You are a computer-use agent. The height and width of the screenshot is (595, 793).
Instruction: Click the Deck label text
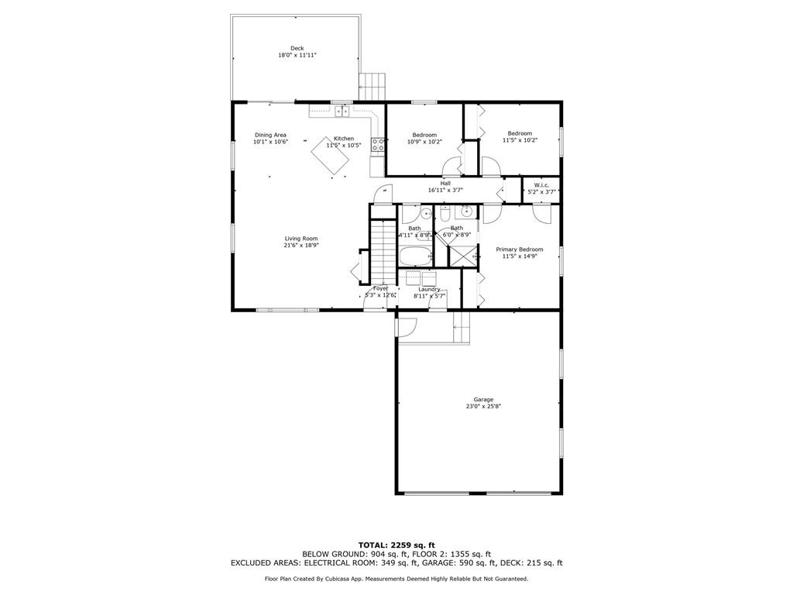297,48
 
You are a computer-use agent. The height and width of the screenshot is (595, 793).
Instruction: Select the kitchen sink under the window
341,112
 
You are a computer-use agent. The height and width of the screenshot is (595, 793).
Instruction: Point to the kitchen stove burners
378,143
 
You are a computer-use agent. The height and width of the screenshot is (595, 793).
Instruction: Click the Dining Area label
270,135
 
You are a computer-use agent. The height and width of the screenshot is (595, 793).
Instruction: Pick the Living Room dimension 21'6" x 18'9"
301,245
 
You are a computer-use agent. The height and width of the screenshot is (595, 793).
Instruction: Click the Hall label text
445,184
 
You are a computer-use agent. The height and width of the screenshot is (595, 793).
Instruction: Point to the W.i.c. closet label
541,184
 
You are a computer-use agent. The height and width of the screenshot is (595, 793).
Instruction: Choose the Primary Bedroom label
520,249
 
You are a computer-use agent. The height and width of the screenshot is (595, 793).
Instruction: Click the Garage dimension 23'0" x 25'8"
483,406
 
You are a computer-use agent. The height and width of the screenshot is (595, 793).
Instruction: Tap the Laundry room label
429,289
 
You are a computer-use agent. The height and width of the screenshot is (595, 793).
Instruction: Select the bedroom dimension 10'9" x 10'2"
424,141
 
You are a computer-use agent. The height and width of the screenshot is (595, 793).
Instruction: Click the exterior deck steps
372,85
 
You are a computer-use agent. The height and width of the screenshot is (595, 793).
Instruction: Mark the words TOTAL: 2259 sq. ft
396,545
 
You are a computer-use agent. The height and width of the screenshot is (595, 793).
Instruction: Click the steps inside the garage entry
462,329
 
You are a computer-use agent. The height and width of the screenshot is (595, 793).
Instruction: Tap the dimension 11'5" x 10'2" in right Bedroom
520,140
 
